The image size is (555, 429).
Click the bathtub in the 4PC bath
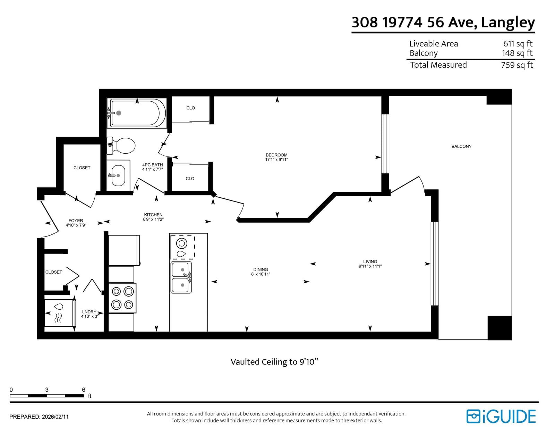click(137, 113)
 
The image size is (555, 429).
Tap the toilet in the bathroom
click(121, 146)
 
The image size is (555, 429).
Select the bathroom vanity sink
click(118, 175)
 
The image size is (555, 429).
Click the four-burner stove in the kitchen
click(122, 298)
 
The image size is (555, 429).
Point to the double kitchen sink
click(181, 277)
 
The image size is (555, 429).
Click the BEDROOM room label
click(276, 155)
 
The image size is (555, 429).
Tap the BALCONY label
click(461, 146)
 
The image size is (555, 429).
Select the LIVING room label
click(370, 261)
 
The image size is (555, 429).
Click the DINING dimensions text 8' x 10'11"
click(261, 274)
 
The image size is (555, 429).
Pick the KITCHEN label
click(153, 215)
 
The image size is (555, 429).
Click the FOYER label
click(76, 221)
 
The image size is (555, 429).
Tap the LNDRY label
click(89, 312)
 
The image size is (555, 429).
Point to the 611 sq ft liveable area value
click(518, 44)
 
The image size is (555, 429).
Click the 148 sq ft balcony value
click(517, 53)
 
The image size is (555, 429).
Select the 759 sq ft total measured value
click(517, 65)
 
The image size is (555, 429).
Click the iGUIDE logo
click(501, 417)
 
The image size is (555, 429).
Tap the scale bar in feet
click(47, 396)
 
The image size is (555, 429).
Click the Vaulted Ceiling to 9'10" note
click(274, 362)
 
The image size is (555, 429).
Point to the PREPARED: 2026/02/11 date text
click(39, 417)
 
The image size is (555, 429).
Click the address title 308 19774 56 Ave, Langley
click(443, 23)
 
